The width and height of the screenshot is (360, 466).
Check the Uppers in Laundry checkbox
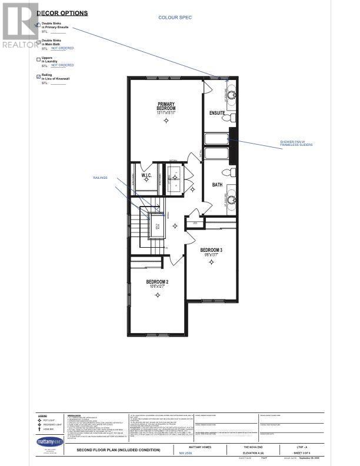[x=38, y=59]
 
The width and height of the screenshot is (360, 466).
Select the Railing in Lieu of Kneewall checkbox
[x=38, y=76]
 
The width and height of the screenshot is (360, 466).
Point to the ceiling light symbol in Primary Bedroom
[x=166, y=121]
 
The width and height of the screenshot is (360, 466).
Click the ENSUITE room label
[x=217, y=112]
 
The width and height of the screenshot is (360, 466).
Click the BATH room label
[x=217, y=184]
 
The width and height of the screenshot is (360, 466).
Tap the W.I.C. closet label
[x=147, y=175]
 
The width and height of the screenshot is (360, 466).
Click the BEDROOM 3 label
[x=210, y=250]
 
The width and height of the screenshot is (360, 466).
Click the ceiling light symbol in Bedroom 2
[x=157, y=295]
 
